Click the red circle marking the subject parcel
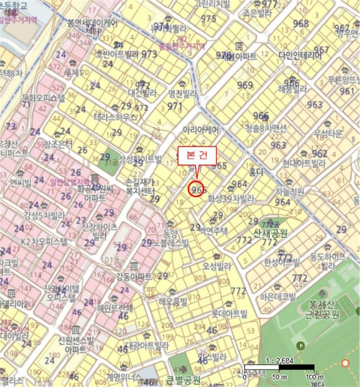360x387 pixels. [197, 189]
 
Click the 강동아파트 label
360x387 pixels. [133, 276]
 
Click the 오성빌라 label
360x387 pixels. [216, 266]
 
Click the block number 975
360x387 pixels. [208, 19]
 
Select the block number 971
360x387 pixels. [175, 106]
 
